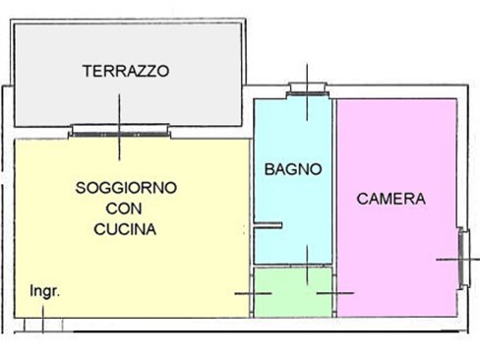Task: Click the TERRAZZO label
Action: pos(126,71)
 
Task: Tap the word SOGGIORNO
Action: pos(126,188)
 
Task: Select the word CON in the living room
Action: pos(124,209)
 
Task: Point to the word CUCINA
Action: pos(125,229)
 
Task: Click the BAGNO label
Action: pos(293,169)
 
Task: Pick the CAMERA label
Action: pos(391,199)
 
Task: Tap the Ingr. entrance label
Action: pos(45,291)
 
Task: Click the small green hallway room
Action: pos(293,292)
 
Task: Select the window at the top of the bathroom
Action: pos(307,90)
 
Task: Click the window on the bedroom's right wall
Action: pos(464,258)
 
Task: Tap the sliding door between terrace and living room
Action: pos(120,131)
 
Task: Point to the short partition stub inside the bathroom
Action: pos(269,225)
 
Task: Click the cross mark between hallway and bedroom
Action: pos(335,293)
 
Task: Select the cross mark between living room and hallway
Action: pos(253,293)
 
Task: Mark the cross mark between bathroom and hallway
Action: pos(307,265)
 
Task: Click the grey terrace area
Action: pos(128,98)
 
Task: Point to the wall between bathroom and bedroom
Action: pos(334,208)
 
